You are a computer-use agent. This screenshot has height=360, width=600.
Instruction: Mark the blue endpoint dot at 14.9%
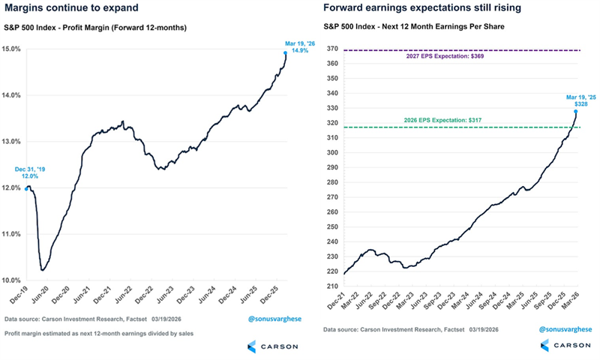[x=286, y=53]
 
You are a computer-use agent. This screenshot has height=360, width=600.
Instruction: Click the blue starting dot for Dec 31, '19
[x=27, y=188]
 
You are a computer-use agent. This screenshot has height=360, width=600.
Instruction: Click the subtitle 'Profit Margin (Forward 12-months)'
[x=124, y=28]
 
